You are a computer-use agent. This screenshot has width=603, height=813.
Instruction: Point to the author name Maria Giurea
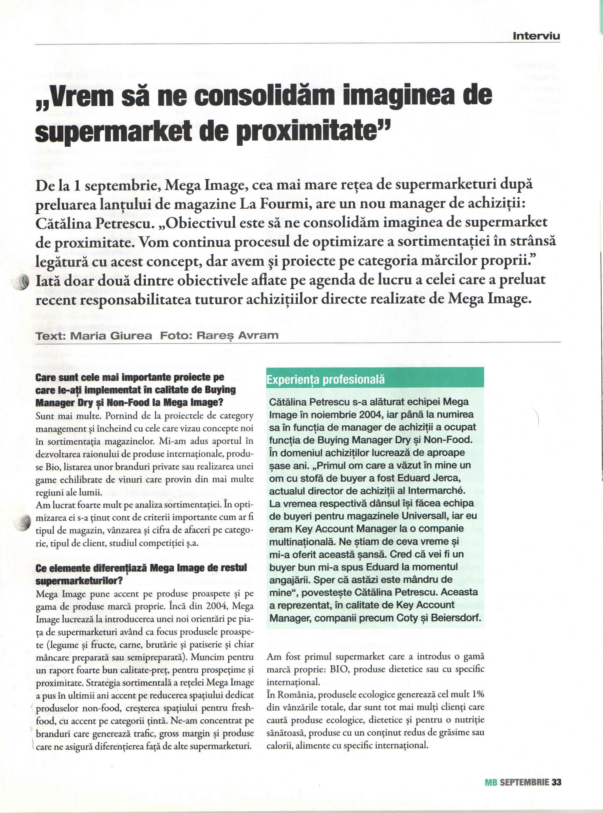pyautogui.click(x=111, y=335)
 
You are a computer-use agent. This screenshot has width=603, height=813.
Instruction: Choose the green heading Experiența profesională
pyautogui.click(x=326, y=380)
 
